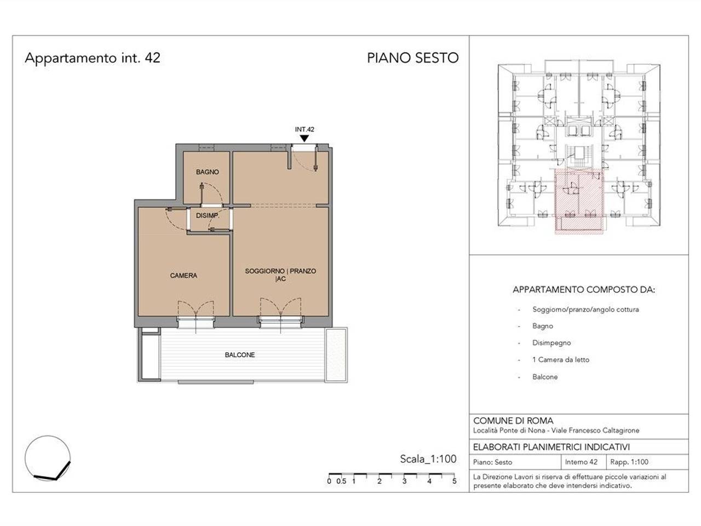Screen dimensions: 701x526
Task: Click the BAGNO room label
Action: pos(207,172)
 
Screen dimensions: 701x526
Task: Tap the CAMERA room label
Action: pos(183,276)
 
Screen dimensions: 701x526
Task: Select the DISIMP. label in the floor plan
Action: pos(208,216)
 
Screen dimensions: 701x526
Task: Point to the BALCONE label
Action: pos(240,355)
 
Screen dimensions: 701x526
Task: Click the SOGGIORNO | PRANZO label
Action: pos(280,271)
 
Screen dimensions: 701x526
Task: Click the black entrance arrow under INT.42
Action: pos(304,139)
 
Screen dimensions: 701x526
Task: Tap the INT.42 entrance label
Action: pos(304,129)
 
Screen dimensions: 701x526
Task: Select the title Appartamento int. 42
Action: pos(93,58)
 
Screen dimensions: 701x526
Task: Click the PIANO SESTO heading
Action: pos(412,58)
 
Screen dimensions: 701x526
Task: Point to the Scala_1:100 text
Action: pos(428,459)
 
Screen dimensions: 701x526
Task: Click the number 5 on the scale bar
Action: pos(454,481)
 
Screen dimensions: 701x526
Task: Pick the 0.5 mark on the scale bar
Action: pos(341,481)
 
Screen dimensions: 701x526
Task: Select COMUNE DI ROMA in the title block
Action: pos(513,421)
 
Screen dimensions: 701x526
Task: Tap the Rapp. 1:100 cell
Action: pos(629,462)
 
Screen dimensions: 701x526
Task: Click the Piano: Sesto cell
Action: pos(492,462)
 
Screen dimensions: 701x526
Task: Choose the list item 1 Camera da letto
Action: pos(560,359)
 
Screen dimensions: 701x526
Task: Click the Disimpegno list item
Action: pos(551,343)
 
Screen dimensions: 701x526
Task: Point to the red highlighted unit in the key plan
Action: pos(579,201)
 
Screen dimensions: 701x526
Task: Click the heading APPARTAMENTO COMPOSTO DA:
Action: pos(584,290)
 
